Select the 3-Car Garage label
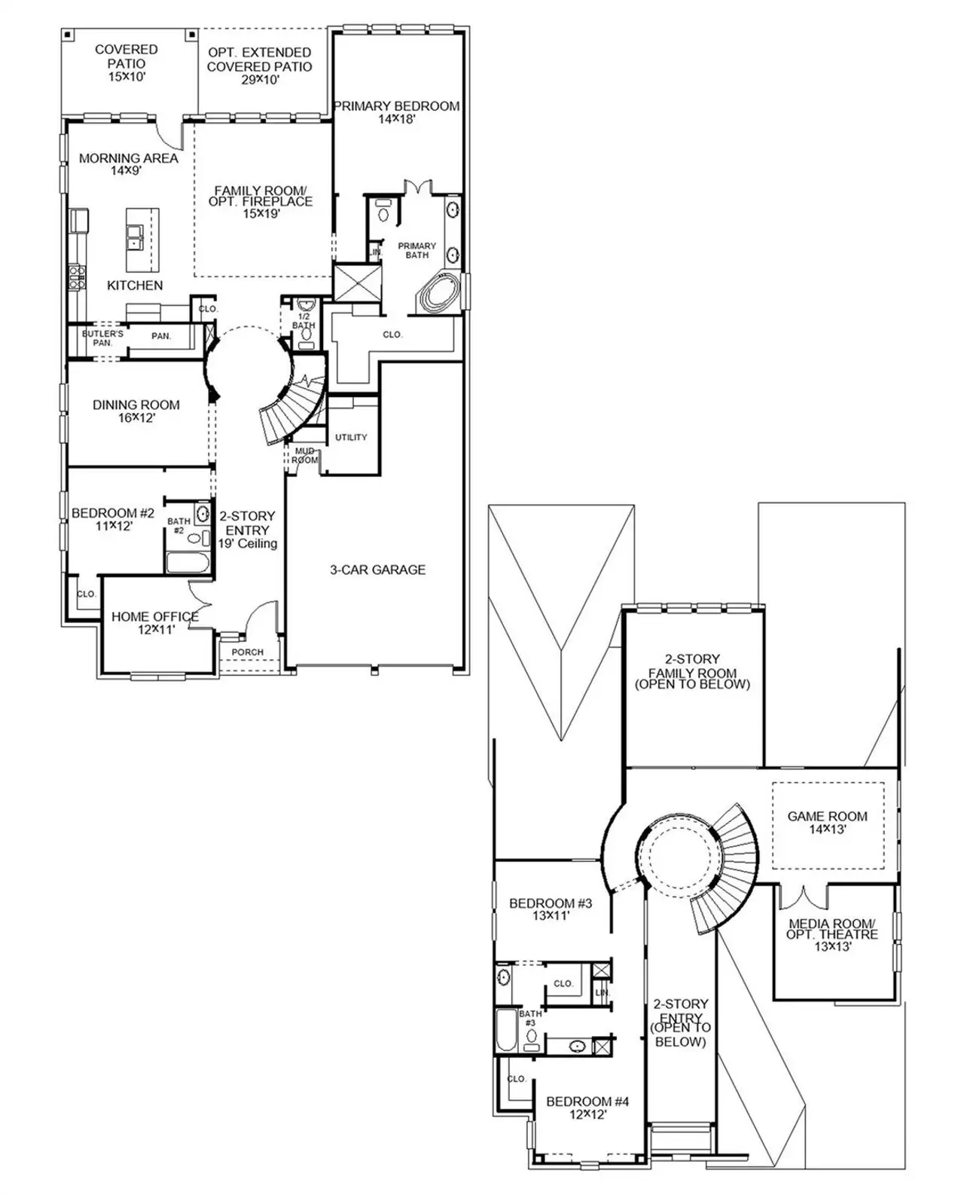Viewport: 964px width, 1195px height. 377,570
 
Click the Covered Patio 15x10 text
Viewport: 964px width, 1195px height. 126,63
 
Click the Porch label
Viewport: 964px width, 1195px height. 247,652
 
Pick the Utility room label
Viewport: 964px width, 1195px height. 351,437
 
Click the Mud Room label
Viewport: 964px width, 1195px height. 304,455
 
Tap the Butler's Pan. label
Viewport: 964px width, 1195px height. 102,338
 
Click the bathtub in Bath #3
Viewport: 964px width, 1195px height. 506,1031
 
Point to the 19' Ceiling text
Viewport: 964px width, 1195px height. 247,543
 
